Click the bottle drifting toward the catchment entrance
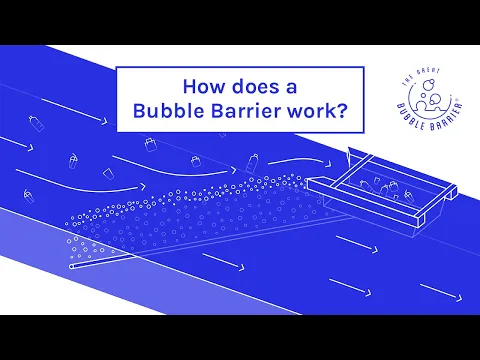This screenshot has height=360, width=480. pos(255,159)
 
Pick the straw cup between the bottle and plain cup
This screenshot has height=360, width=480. pos(73,159)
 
